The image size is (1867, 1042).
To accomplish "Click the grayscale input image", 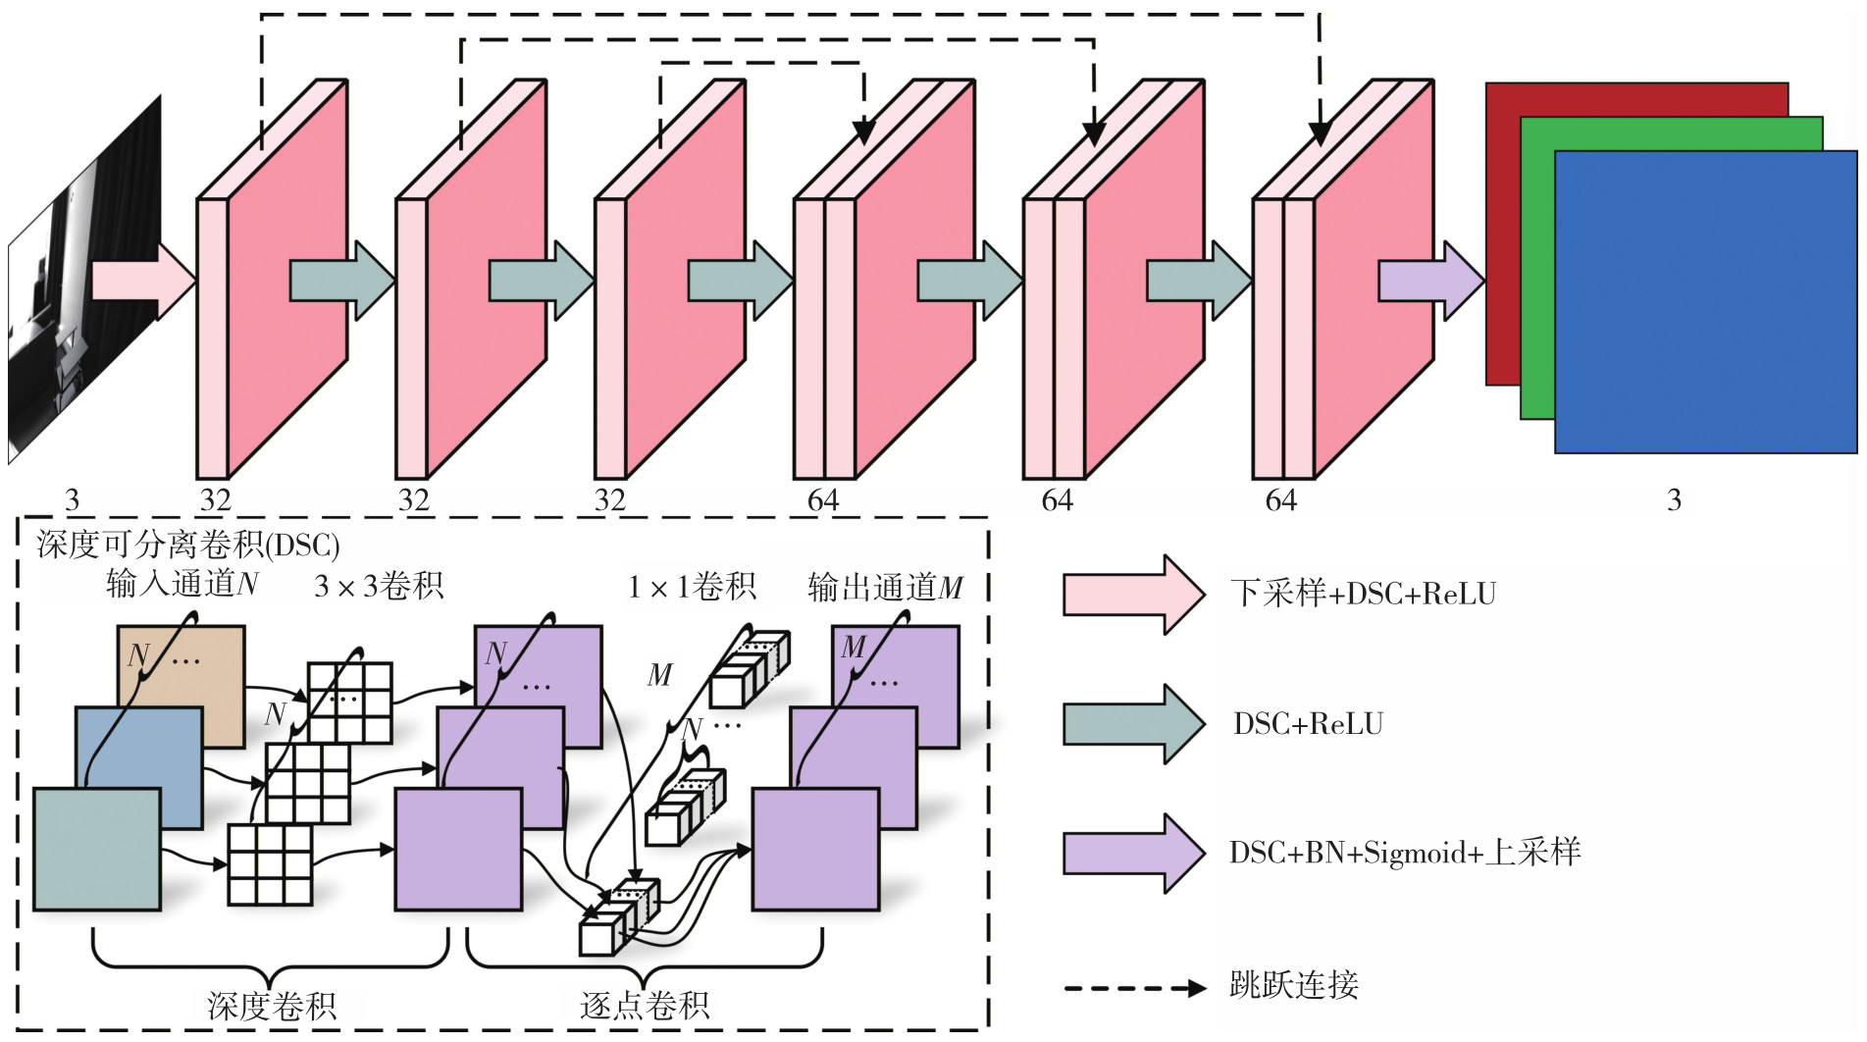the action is (84, 280).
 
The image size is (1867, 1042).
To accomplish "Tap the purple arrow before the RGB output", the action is (1431, 281).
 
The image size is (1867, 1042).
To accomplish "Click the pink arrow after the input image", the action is (144, 281).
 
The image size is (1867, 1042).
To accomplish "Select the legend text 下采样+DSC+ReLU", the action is (1364, 594).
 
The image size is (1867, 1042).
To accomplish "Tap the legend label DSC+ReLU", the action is (1309, 724).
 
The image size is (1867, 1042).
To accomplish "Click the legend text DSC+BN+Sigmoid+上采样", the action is (1405, 853).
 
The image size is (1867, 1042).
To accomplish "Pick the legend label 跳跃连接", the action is (1294, 984).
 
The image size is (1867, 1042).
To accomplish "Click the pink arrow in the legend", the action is (1134, 595).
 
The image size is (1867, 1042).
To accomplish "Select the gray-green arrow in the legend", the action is (1134, 724).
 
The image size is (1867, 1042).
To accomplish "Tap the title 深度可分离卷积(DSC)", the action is (188, 545).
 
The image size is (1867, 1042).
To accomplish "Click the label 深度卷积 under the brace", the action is (272, 1006).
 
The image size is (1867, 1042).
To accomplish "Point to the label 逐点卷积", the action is (645, 1006).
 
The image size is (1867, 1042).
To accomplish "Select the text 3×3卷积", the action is (379, 586).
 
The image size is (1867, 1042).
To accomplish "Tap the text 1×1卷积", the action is (692, 586).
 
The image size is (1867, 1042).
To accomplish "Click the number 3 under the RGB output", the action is (1674, 500).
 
